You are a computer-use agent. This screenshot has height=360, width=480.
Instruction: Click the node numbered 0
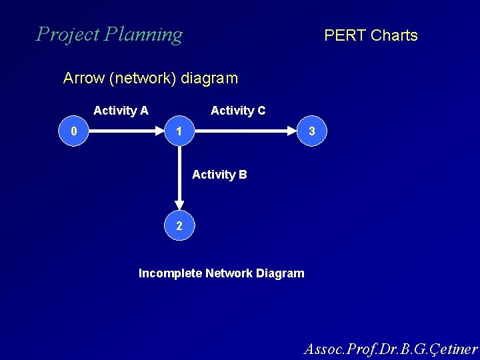click(74, 132)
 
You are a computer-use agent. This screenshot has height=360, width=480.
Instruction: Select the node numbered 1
click(179, 132)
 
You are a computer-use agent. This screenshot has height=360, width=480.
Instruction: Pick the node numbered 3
click(311, 132)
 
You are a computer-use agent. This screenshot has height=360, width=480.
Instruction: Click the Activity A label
click(121, 111)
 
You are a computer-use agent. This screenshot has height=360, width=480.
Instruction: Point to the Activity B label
click(219, 175)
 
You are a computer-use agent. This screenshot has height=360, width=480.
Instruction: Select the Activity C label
click(238, 111)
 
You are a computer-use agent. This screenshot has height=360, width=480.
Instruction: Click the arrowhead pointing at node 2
click(179, 205)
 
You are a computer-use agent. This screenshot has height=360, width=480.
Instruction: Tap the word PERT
click(345, 35)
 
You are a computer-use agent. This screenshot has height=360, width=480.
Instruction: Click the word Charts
click(394, 35)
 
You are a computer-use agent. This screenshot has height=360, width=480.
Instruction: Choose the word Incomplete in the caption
click(169, 273)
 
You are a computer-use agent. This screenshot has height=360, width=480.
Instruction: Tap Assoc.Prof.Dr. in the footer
click(350, 349)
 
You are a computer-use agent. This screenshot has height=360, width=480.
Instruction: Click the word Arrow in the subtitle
click(83, 78)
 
